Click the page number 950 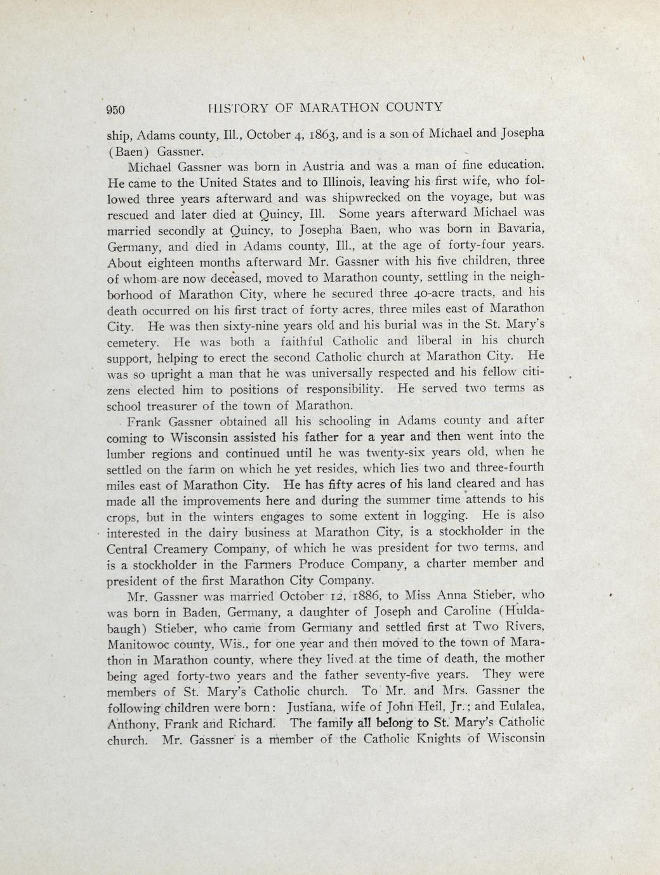pos(115,109)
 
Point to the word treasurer pos(178,406)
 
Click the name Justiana pos(315,705)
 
